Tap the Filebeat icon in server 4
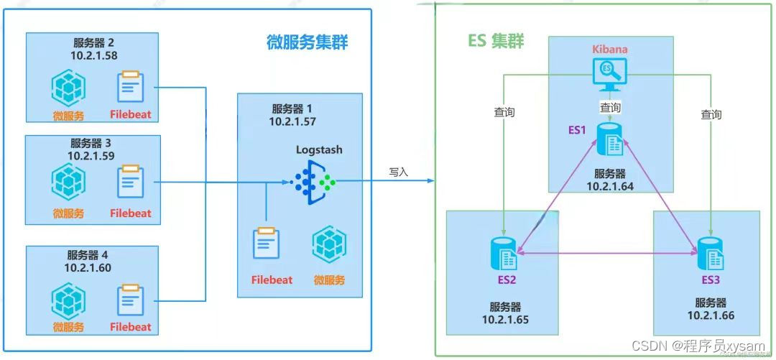click(x=131, y=300)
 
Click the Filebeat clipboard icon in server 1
click(x=266, y=245)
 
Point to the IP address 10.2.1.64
click(x=609, y=187)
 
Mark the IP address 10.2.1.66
click(x=711, y=315)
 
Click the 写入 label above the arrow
click(x=398, y=172)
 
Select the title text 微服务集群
click(x=302, y=42)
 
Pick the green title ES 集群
click(x=496, y=41)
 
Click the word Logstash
click(x=319, y=150)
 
